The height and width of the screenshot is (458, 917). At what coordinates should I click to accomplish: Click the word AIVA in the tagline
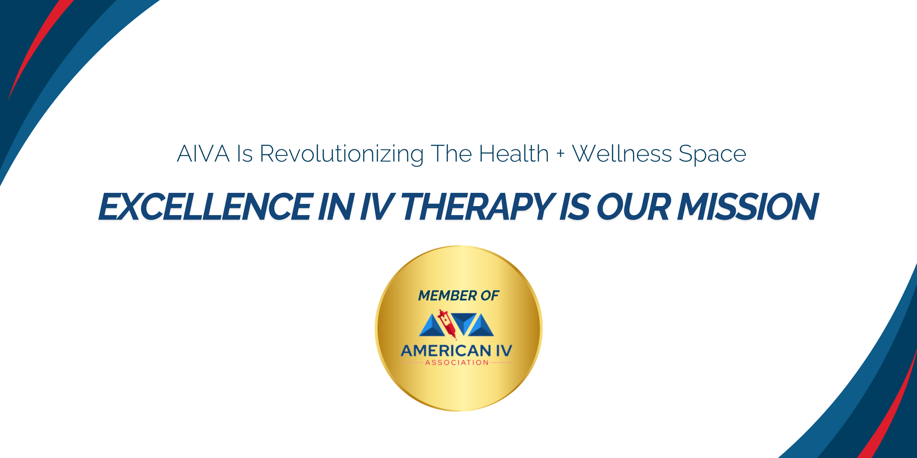[203, 154]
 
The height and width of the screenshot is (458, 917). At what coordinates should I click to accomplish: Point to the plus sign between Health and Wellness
[561, 154]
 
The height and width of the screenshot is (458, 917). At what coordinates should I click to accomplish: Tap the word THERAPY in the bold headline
[478, 206]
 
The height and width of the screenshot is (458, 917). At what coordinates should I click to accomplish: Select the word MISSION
[748, 206]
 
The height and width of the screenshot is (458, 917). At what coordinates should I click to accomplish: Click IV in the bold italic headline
[378, 206]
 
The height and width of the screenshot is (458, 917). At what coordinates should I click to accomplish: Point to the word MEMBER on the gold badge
[447, 296]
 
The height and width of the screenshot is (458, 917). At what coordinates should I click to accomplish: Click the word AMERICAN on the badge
[446, 351]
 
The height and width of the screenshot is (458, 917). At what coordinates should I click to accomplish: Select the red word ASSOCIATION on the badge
[457, 363]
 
